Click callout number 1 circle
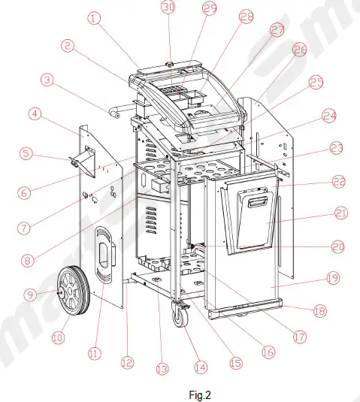(95, 20)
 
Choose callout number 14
(199, 368)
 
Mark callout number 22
(337, 181)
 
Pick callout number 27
(277, 30)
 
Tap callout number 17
(299, 337)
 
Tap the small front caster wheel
(181, 318)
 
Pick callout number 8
(29, 261)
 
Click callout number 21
(342, 214)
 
